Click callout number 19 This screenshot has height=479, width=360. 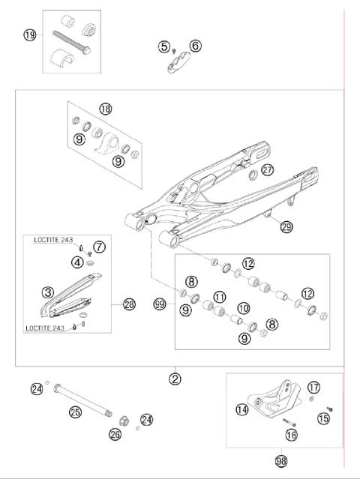pos(29,35)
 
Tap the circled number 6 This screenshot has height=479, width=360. pos(195,46)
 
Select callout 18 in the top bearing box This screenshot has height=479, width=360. pos(105,109)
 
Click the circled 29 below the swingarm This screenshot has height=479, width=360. pos(286,227)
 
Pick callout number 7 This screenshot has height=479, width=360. pos(99,246)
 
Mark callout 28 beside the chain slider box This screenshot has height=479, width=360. pos(129,304)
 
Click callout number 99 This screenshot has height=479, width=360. pos(158,304)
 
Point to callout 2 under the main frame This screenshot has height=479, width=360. pos(175,379)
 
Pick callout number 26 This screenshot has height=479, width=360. pos(115,434)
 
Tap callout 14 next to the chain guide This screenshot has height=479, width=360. pos(241,409)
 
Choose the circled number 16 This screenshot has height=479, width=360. pos(292,434)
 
